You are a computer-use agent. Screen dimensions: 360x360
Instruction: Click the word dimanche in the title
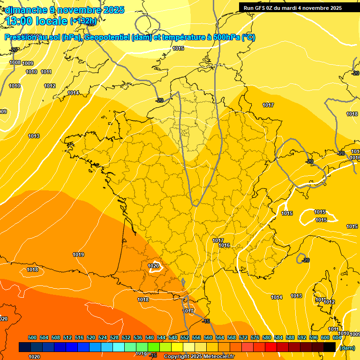(24, 10)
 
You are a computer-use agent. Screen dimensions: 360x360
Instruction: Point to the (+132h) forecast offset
(83, 21)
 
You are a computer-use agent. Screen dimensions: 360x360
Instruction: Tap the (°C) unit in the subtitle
(248, 37)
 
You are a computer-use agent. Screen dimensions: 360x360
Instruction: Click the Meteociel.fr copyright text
(199, 357)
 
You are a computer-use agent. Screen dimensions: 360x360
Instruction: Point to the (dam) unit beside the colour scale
(347, 348)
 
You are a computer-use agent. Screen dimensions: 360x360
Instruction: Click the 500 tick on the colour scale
(32, 337)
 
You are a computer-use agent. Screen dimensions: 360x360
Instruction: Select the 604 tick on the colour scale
(337, 337)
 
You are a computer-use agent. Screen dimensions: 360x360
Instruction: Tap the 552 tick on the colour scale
(185, 337)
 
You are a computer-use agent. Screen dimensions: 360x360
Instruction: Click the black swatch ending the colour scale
(330, 347)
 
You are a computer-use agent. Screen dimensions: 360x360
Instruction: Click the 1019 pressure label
(78, 255)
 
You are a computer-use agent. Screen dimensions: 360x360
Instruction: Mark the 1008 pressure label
(15, 62)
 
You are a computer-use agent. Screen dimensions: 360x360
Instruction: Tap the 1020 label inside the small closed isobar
(154, 266)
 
